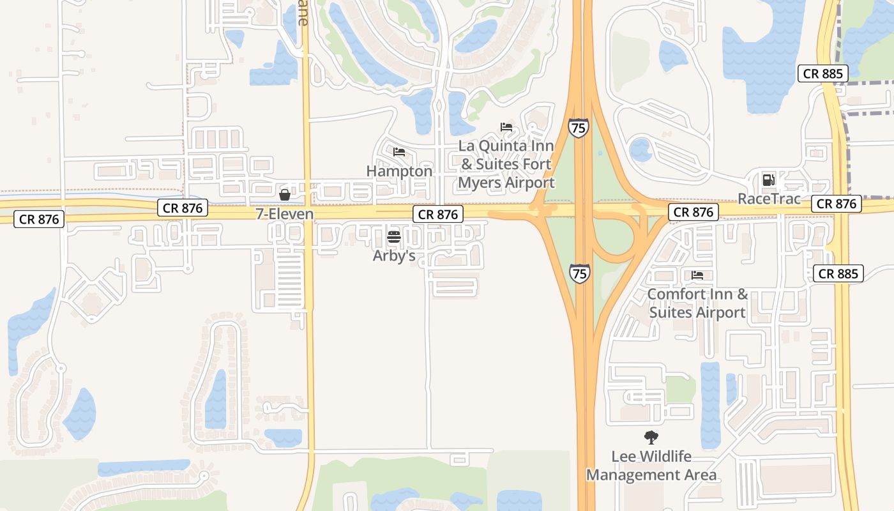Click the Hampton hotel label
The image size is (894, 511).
click(x=399, y=171)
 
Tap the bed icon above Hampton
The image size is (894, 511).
click(x=399, y=152)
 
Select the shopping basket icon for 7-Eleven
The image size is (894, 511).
click(x=285, y=194)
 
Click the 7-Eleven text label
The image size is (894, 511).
click(x=285, y=214)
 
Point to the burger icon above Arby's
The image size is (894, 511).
click(x=394, y=237)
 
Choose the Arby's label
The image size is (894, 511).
click(x=394, y=256)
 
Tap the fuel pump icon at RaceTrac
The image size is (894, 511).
click(x=769, y=180)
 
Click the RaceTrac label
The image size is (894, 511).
click(x=769, y=199)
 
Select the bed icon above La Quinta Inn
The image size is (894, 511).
click(x=506, y=126)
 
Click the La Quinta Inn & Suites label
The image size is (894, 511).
click(x=506, y=164)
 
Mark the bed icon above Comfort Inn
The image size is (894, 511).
click(x=697, y=275)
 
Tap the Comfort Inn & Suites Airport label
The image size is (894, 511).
click(x=697, y=303)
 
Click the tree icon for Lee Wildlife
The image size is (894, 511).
click(x=651, y=438)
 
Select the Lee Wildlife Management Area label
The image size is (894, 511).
click(x=651, y=466)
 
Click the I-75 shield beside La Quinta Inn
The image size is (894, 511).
click(x=579, y=128)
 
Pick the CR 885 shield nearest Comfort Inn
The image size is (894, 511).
click(x=838, y=274)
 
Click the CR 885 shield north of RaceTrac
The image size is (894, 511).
click(x=823, y=73)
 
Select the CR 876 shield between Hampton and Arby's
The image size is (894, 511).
click(x=437, y=214)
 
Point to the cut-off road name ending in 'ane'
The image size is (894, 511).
click(x=303, y=13)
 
